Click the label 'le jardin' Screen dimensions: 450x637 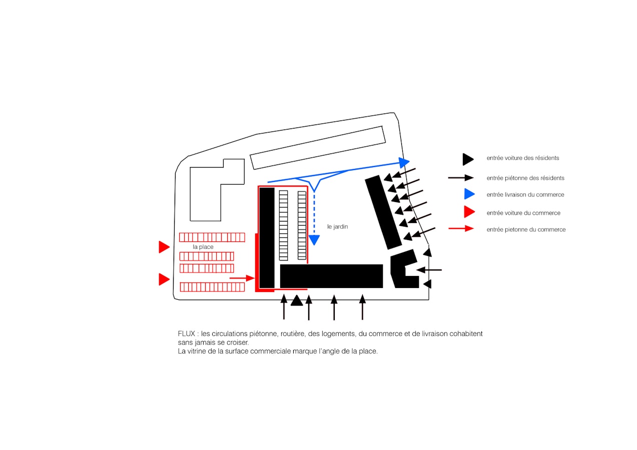pos(337,226)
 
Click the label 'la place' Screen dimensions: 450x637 pos(203,247)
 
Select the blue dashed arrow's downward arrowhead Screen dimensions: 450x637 pos(314,240)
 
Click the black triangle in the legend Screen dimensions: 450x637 pos(468,159)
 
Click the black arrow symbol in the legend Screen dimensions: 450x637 pos(461,177)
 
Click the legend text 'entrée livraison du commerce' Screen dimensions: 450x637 pos(525,194)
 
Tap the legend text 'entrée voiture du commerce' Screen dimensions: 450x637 pos(523,213)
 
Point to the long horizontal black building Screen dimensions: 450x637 pos(331,276)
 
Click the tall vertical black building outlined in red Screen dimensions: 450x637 pos(267,237)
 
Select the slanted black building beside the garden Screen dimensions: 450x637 pos(383,212)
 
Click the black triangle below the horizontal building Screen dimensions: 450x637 pos(297,300)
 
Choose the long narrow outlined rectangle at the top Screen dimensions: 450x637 pos(317,147)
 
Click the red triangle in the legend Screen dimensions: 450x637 pos(469,212)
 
